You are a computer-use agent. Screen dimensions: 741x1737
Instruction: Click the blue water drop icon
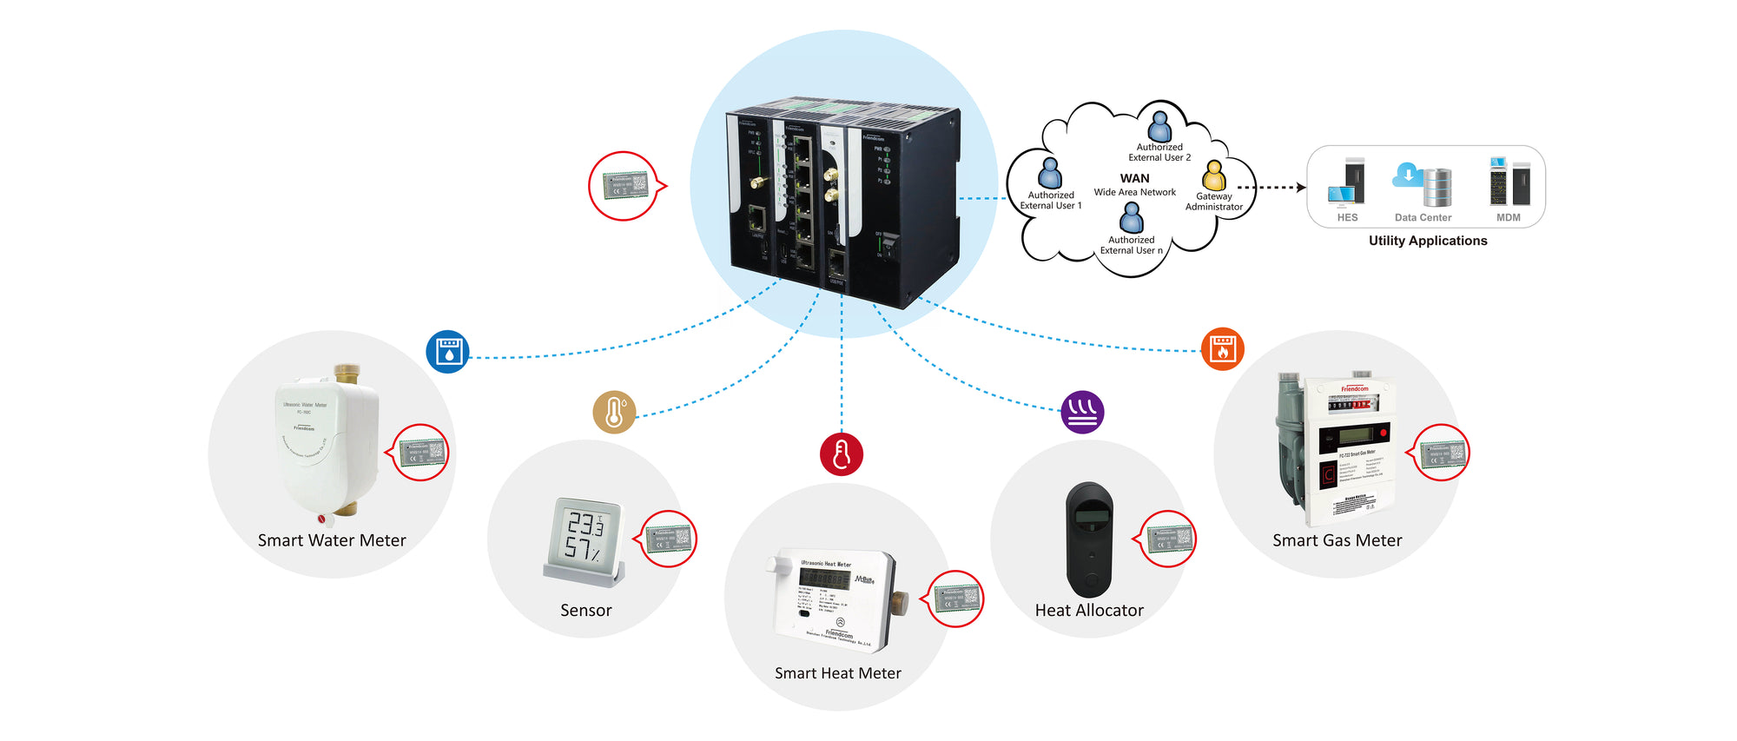tap(448, 352)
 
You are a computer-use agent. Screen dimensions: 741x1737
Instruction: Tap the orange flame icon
tap(1223, 348)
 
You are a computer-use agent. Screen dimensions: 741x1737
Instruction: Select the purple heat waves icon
tap(1083, 411)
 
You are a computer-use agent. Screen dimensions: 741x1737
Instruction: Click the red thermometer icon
tap(842, 453)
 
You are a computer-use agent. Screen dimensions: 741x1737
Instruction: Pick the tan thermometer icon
tap(614, 412)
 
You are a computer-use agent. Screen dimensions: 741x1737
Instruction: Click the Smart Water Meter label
tap(332, 540)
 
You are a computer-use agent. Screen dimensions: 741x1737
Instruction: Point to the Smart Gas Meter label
tap(1337, 540)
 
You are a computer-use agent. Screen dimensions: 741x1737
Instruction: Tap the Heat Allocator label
tap(1089, 611)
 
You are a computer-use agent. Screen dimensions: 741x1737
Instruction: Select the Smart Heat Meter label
tap(837, 673)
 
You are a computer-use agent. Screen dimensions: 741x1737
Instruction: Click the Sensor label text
tap(586, 611)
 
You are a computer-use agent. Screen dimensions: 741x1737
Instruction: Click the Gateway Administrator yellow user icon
tap(1214, 175)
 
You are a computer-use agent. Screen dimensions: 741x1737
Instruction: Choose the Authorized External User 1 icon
tap(1050, 173)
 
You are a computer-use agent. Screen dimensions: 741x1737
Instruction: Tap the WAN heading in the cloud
tap(1134, 178)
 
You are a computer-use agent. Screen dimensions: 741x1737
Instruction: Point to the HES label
tap(1347, 217)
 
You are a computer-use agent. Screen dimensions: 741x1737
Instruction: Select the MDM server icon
tap(1509, 182)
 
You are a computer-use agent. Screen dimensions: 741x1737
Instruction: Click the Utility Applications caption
tap(1428, 241)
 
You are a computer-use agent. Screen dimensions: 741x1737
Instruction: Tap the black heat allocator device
tap(1089, 539)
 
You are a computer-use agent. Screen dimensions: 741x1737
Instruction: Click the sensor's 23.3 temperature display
tap(585, 524)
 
